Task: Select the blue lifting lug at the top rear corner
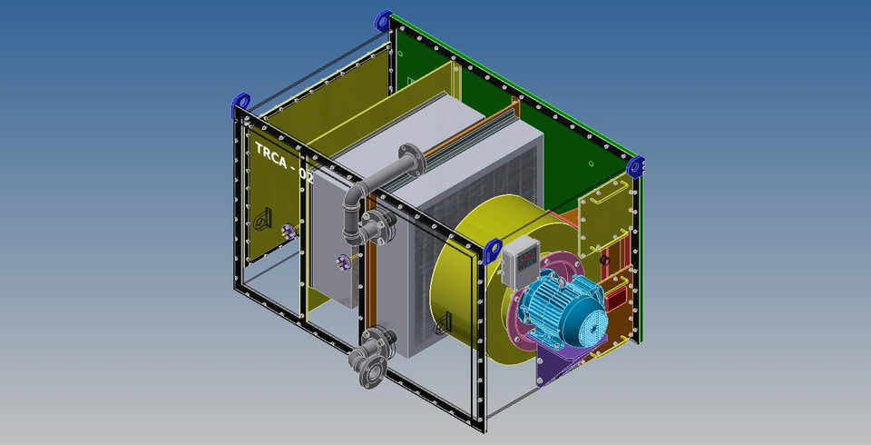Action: (382, 18)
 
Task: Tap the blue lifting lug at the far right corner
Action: (636, 166)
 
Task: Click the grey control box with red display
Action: (522, 261)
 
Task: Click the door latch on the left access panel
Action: (263, 219)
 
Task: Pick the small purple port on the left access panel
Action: (289, 232)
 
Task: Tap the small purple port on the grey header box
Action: (343, 263)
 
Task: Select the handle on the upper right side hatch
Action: (619, 187)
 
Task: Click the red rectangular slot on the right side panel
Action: (616, 296)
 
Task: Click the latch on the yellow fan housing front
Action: (444, 321)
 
